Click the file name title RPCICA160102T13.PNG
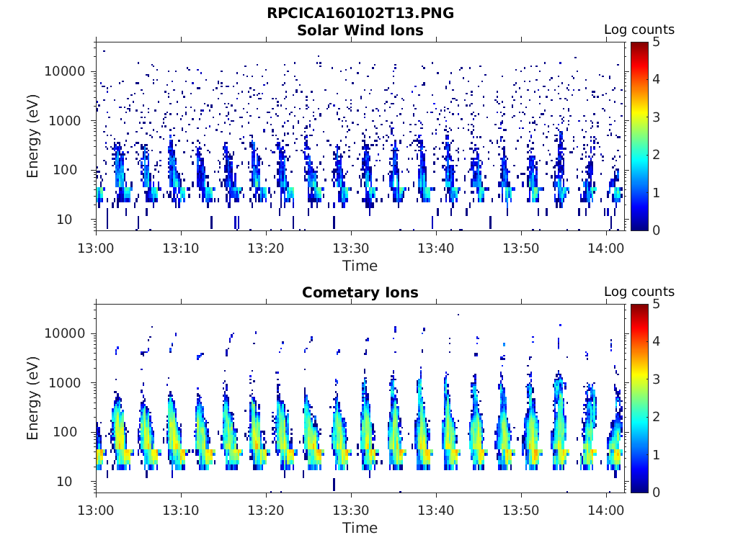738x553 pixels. [x=360, y=13]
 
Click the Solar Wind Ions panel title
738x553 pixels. [x=360, y=30]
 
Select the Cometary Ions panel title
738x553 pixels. [x=360, y=292]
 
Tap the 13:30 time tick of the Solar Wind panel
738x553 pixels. [x=351, y=248]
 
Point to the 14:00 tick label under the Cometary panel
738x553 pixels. [x=605, y=511]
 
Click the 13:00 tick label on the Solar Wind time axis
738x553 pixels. [x=96, y=248]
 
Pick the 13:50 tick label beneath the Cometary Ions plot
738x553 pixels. [x=521, y=511]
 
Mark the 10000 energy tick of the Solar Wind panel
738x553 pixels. [x=65, y=71]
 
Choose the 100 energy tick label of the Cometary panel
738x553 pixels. [x=65, y=432]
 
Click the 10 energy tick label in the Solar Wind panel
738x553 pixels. [x=64, y=219]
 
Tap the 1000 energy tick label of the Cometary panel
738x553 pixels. [x=65, y=383]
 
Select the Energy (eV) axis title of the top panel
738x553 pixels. [x=32, y=136]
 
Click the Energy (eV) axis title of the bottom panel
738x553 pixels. [x=32, y=398]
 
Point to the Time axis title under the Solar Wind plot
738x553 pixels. [x=360, y=266]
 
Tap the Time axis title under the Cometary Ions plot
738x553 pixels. [x=360, y=528]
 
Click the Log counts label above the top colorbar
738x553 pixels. [x=639, y=30]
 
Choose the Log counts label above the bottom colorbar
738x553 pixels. [x=639, y=292]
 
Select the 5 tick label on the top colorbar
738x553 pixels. [x=656, y=42]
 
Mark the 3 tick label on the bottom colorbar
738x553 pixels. [x=656, y=379]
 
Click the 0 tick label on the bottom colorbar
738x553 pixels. [x=656, y=493]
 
